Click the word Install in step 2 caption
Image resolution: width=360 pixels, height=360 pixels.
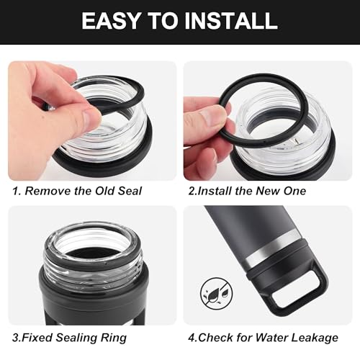coord(215,191)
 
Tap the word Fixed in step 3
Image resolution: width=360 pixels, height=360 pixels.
coord(37,338)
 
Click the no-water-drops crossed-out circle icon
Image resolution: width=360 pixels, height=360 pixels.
coord(217,293)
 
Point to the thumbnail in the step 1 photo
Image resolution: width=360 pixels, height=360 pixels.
coord(92,117)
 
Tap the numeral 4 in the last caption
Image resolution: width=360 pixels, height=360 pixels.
coord(192,338)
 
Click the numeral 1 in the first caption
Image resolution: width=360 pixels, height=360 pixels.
coord(15,191)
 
